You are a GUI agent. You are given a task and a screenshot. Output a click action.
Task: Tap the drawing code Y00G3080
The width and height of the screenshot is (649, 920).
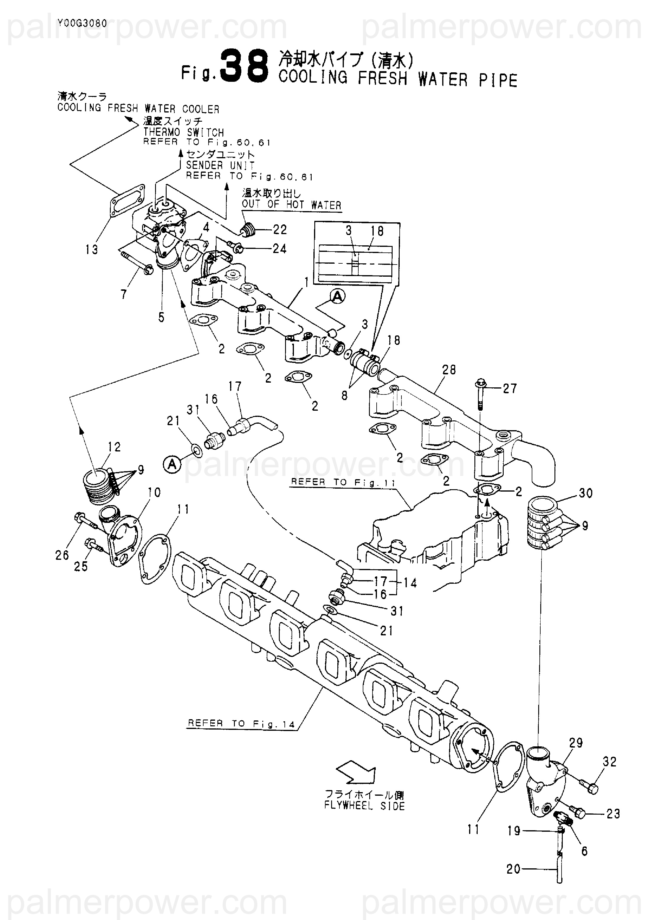[x=82, y=23]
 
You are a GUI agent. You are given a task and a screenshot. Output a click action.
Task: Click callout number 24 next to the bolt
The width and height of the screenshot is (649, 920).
[x=279, y=249]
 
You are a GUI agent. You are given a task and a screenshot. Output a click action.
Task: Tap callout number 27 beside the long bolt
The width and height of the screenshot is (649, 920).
[x=510, y=388]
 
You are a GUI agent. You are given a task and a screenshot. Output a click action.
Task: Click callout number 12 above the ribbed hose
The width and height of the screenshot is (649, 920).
[x=114, y=447]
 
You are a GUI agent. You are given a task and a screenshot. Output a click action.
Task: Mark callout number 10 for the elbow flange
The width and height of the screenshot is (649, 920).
[x=154, y=492]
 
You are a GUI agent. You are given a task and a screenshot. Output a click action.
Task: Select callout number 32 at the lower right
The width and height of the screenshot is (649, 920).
[x=609, y=762]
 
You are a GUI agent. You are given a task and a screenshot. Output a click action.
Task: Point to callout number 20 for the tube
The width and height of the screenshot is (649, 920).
[x=513, y=869]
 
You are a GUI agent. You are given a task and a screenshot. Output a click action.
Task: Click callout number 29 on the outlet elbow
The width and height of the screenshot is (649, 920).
[x=576, y=743]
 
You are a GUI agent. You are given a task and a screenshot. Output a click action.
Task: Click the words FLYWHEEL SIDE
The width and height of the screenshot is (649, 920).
[x=365, y=805]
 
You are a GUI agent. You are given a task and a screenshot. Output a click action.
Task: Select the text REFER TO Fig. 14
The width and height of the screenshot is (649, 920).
[x=241, y=724]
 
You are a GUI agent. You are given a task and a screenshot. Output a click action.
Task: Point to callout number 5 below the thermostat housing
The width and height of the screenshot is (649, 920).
[x=161, y=317]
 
